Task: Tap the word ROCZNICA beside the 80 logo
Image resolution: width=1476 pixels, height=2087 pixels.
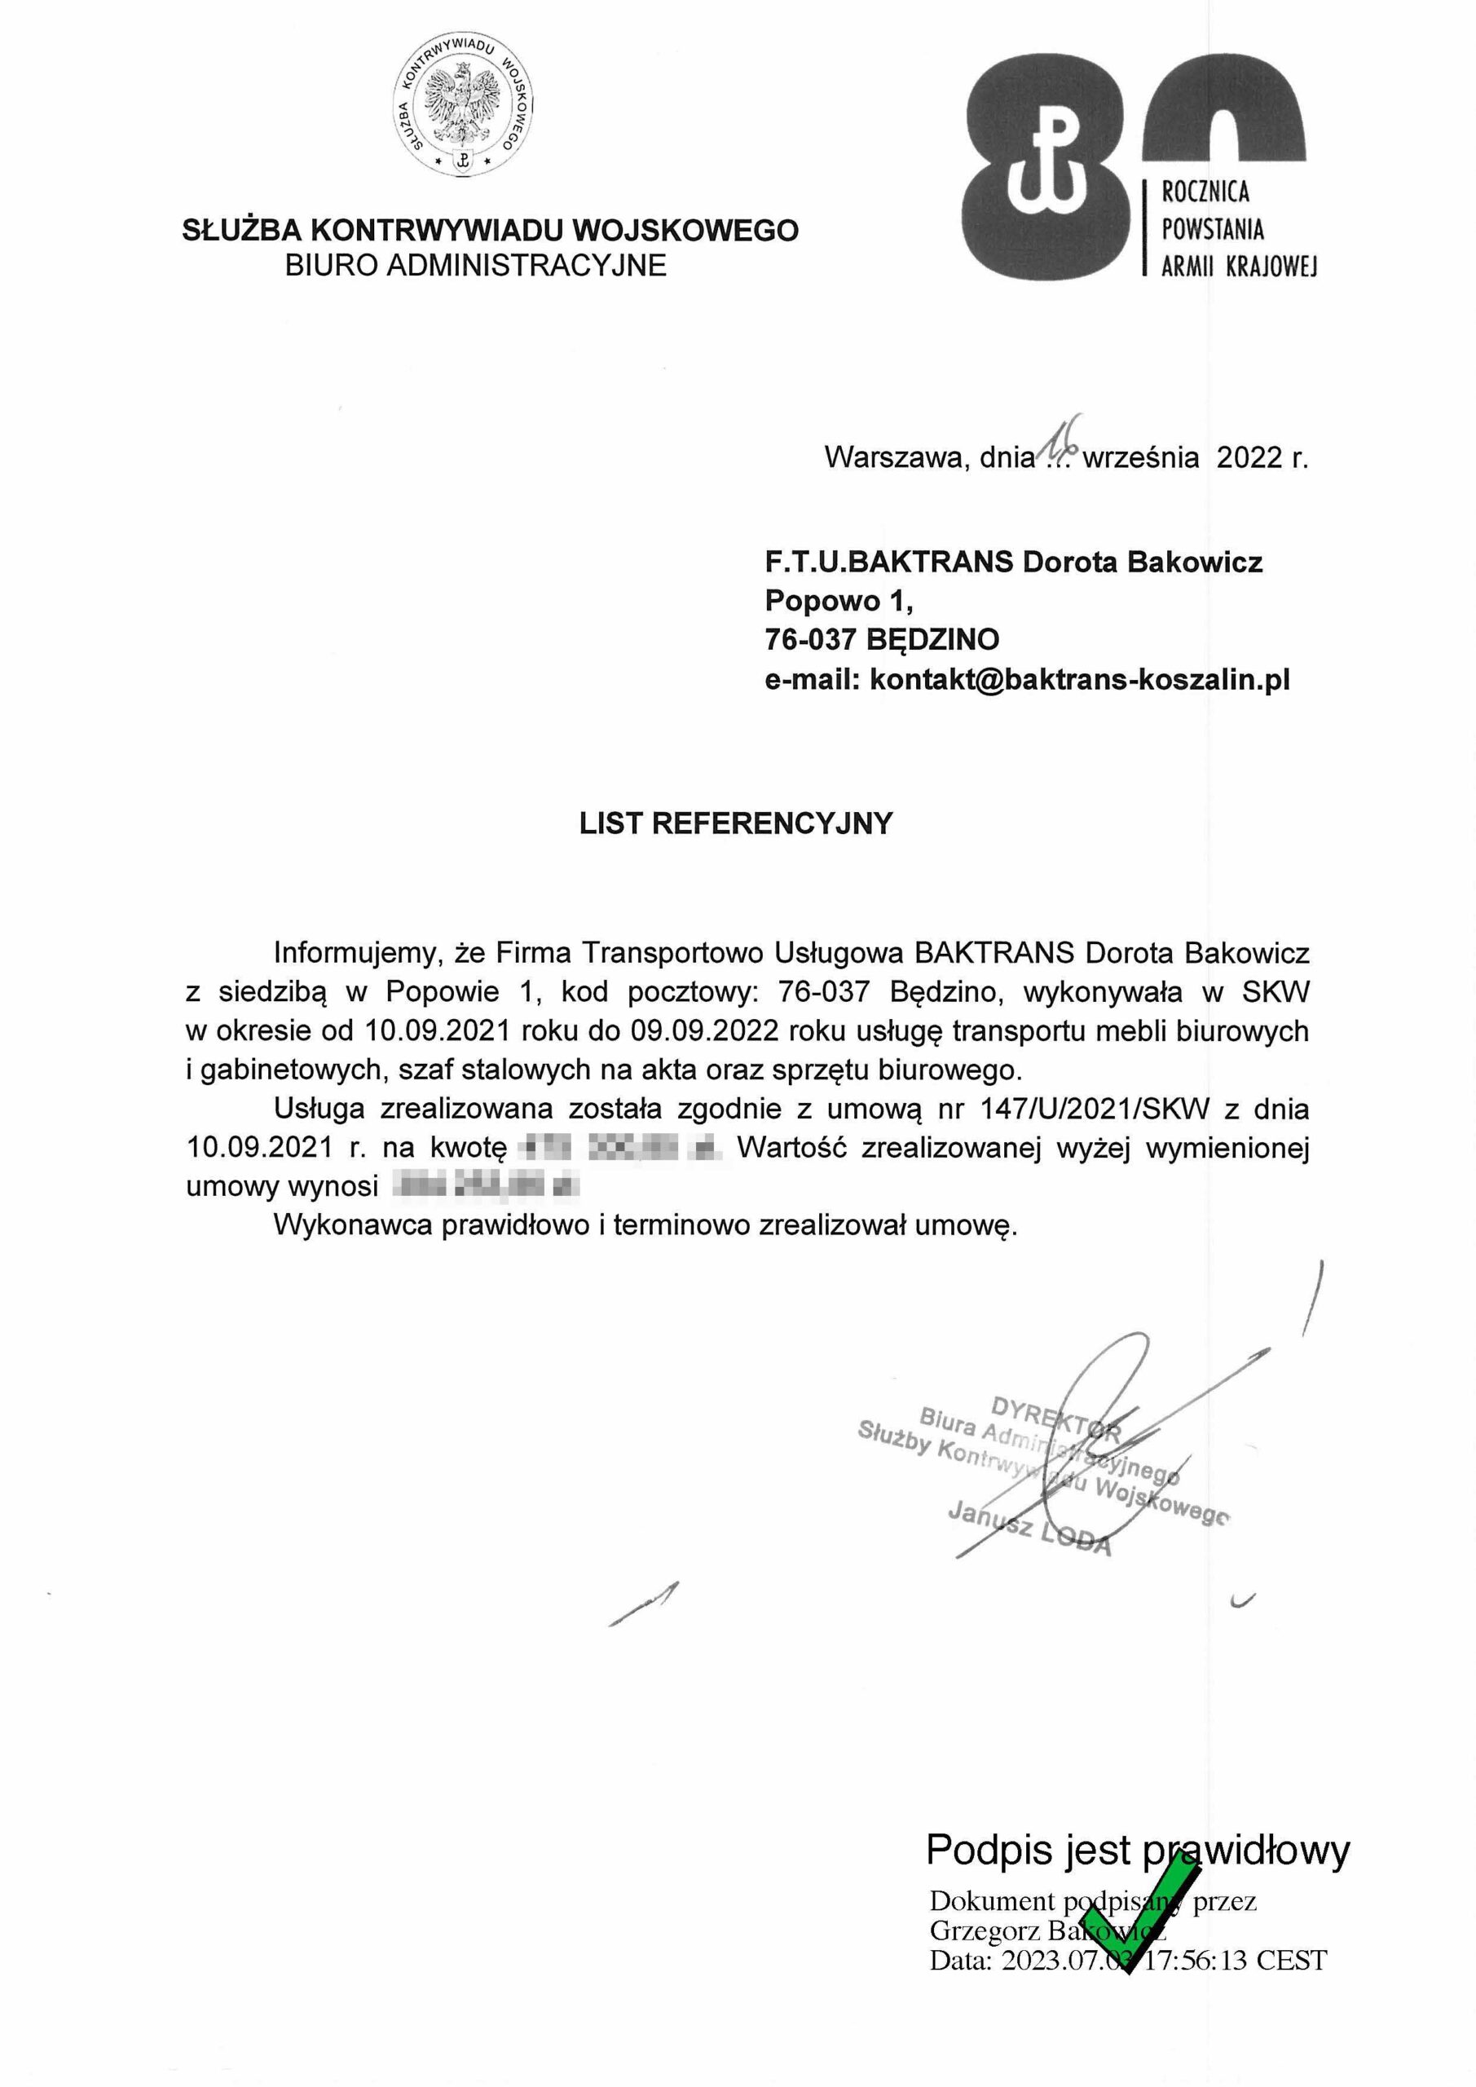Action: coord(1205,192)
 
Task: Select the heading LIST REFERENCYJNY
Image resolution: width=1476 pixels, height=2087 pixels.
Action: coord(736,823)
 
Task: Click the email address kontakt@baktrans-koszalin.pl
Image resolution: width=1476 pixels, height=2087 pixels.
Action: coord(1080,679)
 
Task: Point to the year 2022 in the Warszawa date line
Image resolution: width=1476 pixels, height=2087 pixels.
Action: coord(1249,457)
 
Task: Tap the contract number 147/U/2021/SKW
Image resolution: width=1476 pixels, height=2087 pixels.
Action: coord(1095,1109)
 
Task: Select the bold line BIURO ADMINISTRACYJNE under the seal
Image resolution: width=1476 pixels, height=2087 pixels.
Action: coord(475,266)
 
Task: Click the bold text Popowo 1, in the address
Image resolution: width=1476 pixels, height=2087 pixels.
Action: coord(838,601)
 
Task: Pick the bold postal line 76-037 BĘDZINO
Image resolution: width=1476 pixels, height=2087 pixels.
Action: coord(882,640)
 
